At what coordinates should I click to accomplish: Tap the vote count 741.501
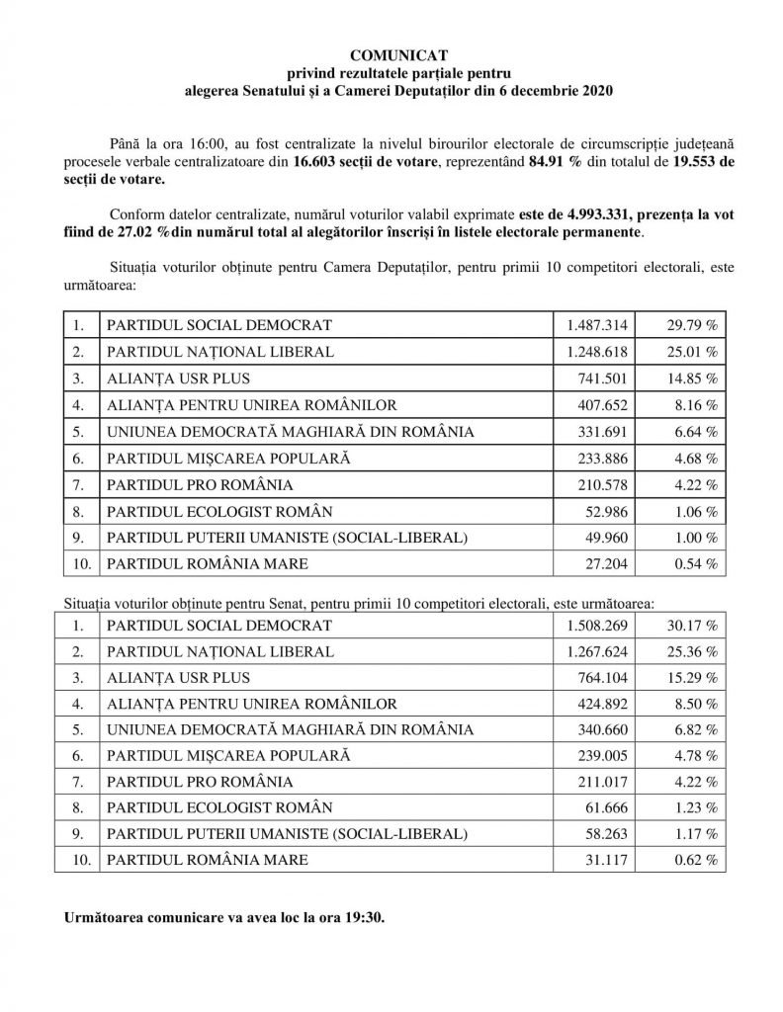click(x=601, y=378)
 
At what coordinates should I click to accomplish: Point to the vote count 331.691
click(x=601, y=431)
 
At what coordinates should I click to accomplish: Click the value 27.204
click(x=605, y=564)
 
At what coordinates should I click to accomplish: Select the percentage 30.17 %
click(x=690, y=626)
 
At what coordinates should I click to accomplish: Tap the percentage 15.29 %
click(x=690, y=678)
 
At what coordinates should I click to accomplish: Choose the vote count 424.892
click(x=601, y=705)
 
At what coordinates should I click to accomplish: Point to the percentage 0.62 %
click(x=694, y=860)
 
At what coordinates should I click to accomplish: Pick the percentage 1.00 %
click(x=694, y=538)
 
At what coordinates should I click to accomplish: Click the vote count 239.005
click(x=601, y=756)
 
